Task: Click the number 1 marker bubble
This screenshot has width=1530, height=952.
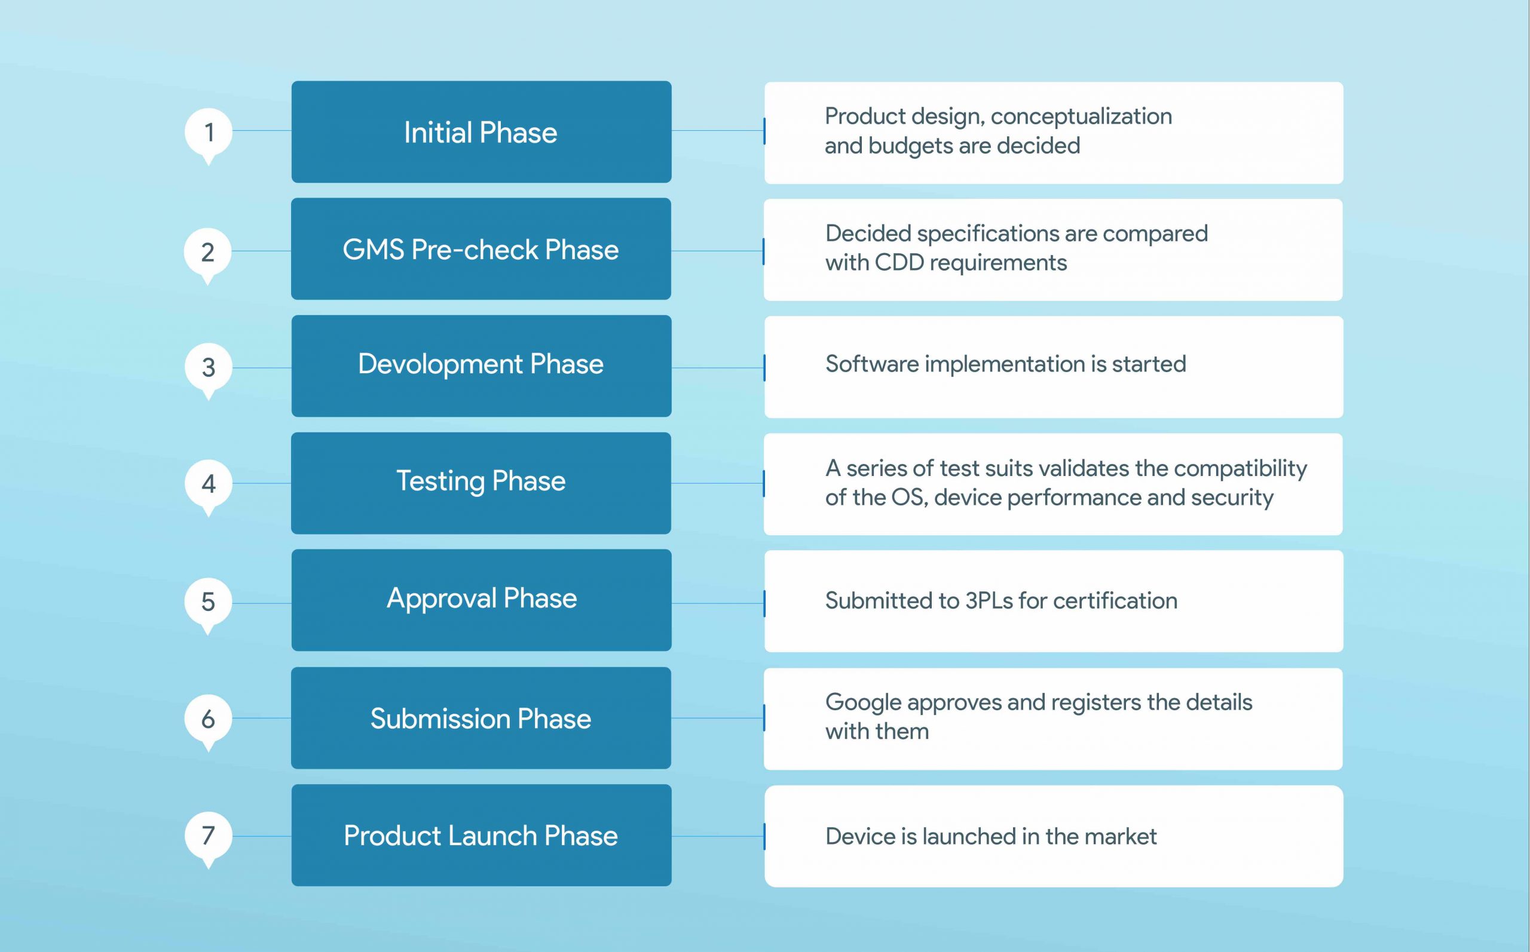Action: [x=209, y=132]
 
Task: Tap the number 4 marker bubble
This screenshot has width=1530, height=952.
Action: [x=209, y=484]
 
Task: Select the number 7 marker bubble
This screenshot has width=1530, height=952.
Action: [x=209, y=836]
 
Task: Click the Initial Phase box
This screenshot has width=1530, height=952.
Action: [x=481, y=132]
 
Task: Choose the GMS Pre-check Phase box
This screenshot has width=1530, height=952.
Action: [x=481, y=249]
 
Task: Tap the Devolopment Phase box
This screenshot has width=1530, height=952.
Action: [x=481, y=365]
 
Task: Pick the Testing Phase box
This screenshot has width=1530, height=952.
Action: [x=481, y=483]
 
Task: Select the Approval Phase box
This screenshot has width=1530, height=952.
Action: [x=481, y=600]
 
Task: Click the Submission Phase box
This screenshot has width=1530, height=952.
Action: [x=481, y=718]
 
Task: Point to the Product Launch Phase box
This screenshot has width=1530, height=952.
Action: [x=481, y=835]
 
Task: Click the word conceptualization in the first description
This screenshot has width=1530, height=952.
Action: [x=1081, y=117]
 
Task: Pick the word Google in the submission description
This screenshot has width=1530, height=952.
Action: [x=862, y=703]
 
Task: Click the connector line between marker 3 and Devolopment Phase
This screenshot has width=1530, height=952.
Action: [x=261, y=368]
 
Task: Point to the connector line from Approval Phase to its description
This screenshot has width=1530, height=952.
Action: [x=718, y=603]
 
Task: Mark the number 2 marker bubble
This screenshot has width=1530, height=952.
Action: [x=208, y=252]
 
